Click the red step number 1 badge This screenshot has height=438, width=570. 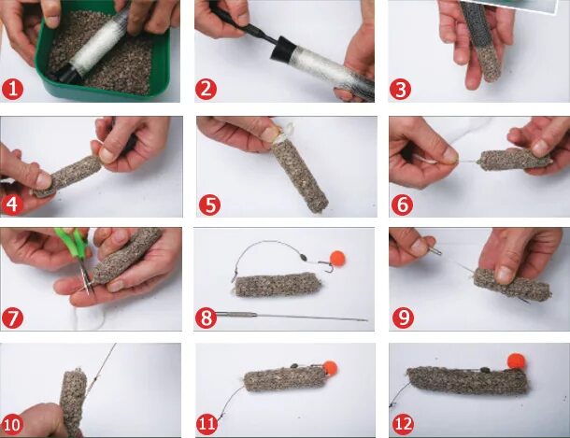(x=12, y=90)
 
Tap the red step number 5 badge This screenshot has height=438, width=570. (x=209, y=205)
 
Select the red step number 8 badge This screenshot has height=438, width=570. (x=207, y=318)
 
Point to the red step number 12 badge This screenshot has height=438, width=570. (x=403, y=424)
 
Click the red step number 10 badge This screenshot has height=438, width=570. (x=11, y=424)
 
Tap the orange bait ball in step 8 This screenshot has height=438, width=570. (x=337, y=258)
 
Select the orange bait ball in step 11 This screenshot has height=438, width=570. (x=330, y=368)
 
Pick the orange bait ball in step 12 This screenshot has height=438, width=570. (x=517, y=360)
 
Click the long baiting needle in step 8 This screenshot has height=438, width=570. (x=291, y=316)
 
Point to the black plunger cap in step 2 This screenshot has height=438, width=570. (x=282, y=49)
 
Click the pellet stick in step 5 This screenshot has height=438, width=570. (x=300, y=176)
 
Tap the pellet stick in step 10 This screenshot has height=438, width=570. (x=74, y=402)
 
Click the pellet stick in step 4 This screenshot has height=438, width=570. (x=68, y=176)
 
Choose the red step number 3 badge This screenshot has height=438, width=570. (x=400, y=90)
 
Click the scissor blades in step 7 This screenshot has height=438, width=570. (x=87, y=279)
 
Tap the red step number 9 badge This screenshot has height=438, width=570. (x=403, y=318)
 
